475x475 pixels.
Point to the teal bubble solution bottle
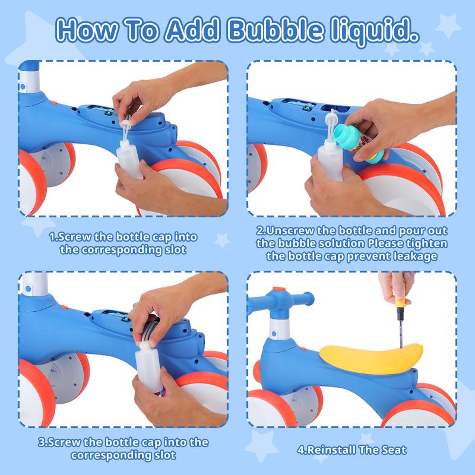(x=357, y=142)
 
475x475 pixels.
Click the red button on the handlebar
(x=279, y=289)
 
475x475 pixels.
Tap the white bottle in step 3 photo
(x=149, y=368)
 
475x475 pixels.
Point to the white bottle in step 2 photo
(x=330, y=160)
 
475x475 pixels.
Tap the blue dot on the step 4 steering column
(x=274, y=334)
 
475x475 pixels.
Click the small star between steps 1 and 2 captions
(x=223, y=240)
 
